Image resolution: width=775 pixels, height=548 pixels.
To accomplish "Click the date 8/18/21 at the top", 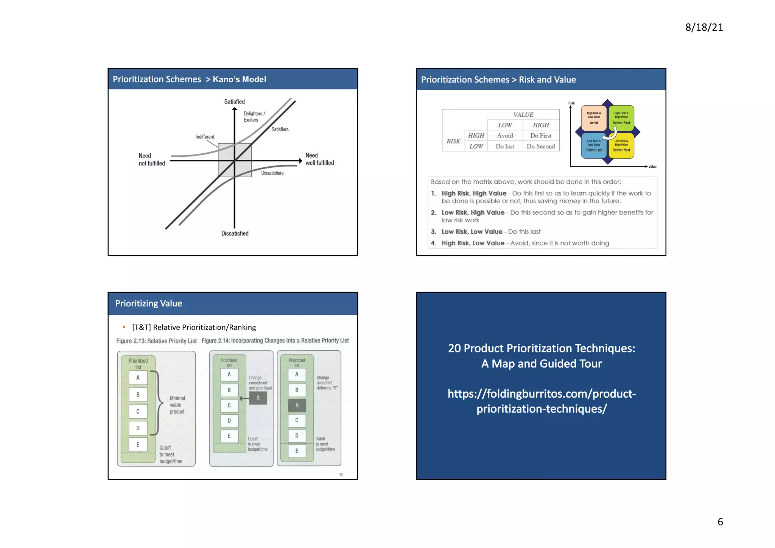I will click(x=704, y=27).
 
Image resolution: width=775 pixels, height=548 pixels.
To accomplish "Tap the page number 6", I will click(x=720, y=521).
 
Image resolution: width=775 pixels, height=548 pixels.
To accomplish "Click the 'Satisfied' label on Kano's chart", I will click(x=234, y=101).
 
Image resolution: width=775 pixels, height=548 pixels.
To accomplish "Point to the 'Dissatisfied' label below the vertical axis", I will click(x=235, y=233).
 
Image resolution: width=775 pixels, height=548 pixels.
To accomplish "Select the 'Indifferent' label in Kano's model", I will click(x=205, y=137).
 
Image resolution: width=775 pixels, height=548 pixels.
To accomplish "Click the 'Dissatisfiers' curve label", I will click(x=272, y=173).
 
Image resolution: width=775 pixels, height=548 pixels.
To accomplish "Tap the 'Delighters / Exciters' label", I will click(x=254, y=117).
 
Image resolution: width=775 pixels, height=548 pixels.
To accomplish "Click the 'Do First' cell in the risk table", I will click(x=540, y=136).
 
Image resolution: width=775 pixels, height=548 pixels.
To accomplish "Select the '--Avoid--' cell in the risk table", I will click(x=504, y=136).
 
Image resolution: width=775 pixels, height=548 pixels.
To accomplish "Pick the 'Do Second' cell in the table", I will click(x=540, y=147).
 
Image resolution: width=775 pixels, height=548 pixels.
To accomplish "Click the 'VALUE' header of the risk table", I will click(x=523, y=115).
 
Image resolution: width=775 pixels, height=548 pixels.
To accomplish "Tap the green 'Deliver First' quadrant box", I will click(x=621, y=118).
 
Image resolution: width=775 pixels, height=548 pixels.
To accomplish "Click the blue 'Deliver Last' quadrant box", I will click(x=594, y=145).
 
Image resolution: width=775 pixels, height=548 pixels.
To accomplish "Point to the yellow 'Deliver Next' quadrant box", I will click(x=621, y=145).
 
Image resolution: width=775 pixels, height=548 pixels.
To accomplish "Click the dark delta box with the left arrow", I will click(x=258, y=398).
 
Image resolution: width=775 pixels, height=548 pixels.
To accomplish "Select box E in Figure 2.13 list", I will click(x=138, y=445).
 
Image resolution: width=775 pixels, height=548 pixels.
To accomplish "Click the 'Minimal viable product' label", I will click(x=177, y=405).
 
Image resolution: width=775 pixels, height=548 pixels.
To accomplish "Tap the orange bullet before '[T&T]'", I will click(x=124, y=327).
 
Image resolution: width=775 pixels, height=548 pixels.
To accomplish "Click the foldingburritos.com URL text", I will click(x=541, y=401).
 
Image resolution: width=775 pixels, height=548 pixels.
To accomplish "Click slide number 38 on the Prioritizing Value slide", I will click(x=341, y=475).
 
